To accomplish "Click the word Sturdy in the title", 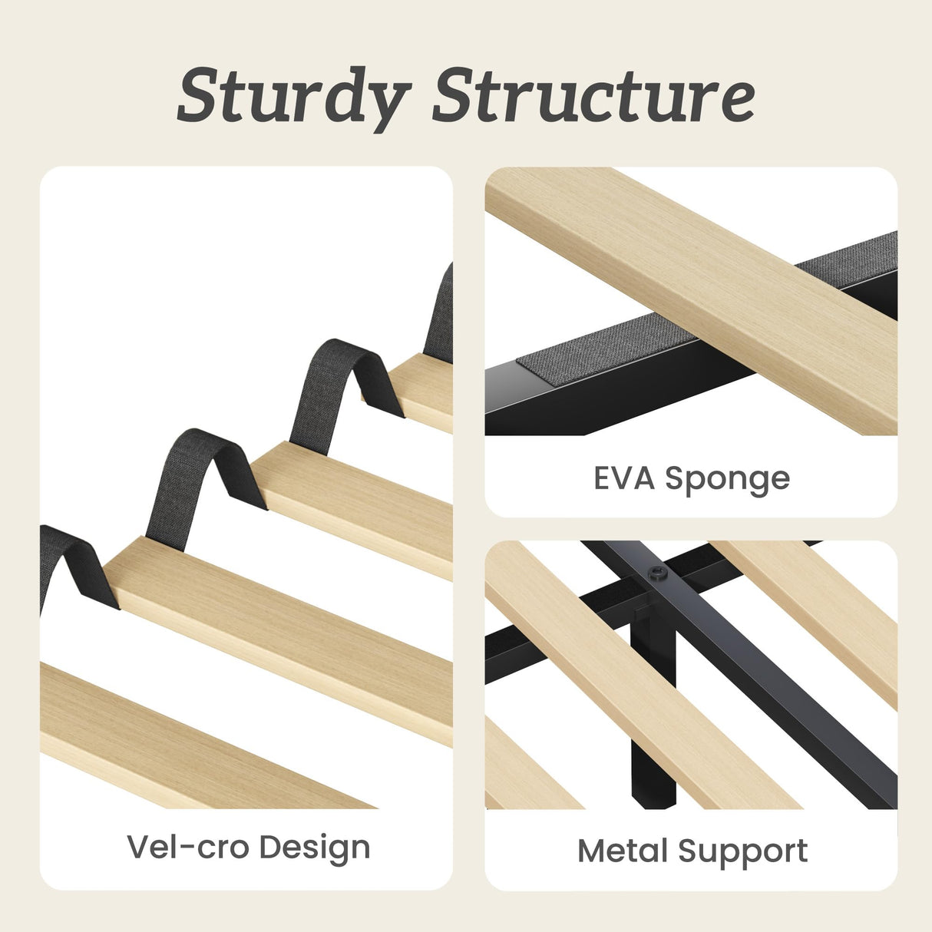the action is click(x=294, y=99).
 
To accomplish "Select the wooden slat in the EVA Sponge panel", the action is click(x=692, y=300).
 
